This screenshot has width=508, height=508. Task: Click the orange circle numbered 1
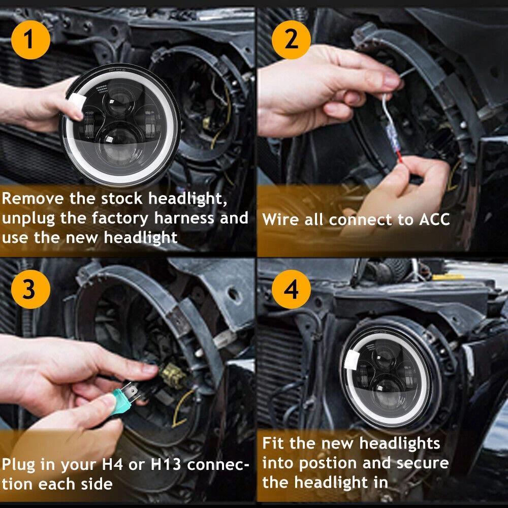pos(30,40)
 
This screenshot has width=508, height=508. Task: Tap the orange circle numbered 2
pos(291,40)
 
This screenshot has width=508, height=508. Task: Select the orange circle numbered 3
pos(30,289)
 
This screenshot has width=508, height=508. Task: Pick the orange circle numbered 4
pos(291,289)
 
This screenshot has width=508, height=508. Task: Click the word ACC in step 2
pos(434,219)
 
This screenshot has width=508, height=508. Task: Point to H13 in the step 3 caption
pos(166,464)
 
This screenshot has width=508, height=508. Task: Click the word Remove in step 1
pos(33,198)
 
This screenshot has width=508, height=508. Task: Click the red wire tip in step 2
pos(399,157)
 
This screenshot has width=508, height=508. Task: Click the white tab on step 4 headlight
pos(352,360)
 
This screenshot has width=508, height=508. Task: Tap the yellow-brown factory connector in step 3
pos(173,375)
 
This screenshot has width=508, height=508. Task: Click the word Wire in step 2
pos(280,219)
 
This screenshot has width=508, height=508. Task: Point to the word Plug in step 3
pos(18,465)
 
